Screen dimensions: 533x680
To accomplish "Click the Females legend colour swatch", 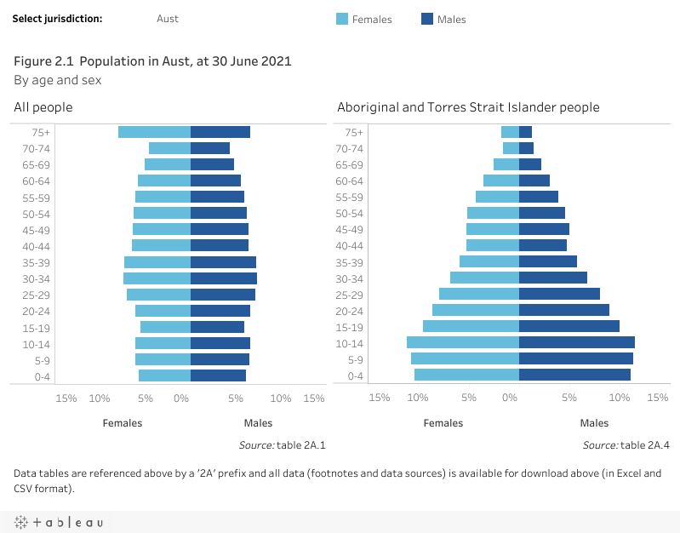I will tap(342, 19).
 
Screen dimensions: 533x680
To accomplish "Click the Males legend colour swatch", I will tap(427, 19).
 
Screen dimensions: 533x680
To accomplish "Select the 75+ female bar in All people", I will tap(154, 132).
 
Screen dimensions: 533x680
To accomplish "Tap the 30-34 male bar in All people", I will tap(224, 278).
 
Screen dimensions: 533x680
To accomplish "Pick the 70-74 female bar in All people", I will tap(169, 148).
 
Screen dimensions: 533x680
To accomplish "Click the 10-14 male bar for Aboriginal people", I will tap(577, 342).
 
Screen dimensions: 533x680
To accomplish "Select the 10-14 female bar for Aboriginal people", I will tap(463, 342).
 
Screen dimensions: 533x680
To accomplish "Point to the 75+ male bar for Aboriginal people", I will tap(525, 132).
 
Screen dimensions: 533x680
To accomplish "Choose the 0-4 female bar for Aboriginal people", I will tap(466, 375).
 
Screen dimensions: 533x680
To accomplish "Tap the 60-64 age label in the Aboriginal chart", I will tap(350, 181).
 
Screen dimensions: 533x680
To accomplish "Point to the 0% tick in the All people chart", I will tap(181, 398).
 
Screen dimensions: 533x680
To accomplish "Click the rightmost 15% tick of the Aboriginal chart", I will tap(658, 398).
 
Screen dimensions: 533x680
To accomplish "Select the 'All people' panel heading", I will tap(43, 107).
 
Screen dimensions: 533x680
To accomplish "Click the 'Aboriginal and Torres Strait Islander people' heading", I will tap(468, 107).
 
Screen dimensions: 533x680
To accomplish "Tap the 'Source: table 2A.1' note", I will tap(283, 445).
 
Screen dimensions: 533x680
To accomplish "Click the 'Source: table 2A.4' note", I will tap(626, 445).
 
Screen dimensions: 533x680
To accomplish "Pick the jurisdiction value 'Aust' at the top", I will tap(168, 19).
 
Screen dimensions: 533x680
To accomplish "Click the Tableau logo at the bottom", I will tap(59, 522).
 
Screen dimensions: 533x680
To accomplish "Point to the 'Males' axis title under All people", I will tap(258, 423).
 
